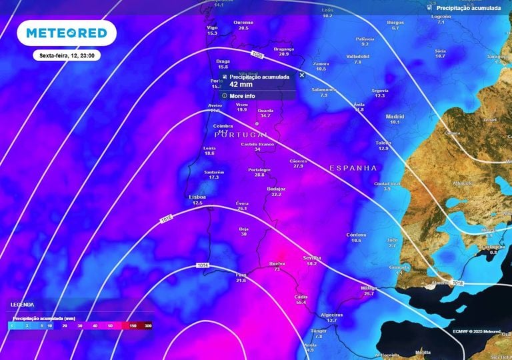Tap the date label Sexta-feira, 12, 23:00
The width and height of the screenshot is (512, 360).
coord(67,56)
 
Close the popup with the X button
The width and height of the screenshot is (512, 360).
coord(302,75)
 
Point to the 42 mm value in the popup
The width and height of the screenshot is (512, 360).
coord(240,85)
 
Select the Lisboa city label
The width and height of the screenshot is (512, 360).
coord(197,197)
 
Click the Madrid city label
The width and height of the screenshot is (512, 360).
coord(395,117)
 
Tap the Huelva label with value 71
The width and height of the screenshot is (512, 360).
coord(277,264)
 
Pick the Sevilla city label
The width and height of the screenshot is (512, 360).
coord(311,257)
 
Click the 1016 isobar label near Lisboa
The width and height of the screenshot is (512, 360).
coord(166,219)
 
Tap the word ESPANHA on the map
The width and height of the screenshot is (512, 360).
coord(353,168)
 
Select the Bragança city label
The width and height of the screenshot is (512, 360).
coord(284,49)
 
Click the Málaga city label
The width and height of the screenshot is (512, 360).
coord(369,288)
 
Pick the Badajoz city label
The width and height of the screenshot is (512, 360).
coord(276,189)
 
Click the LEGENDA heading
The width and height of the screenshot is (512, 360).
coord(22,305)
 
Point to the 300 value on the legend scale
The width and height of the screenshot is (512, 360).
coord(147,326)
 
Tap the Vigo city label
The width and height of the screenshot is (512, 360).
coord(213,27)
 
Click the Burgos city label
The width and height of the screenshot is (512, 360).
coord(395,23)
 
